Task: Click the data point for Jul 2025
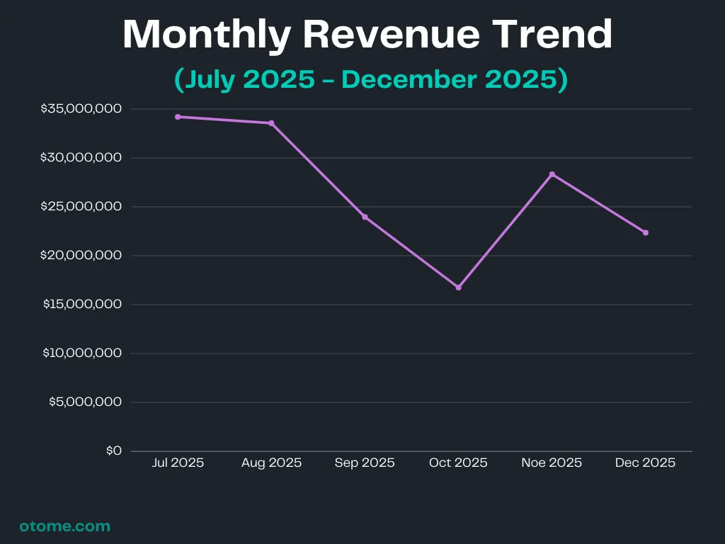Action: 178,117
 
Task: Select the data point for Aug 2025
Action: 271,123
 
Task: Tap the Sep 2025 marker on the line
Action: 365,217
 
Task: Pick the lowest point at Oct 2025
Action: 458,288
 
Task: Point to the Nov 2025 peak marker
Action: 552,174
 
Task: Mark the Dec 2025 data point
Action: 645,232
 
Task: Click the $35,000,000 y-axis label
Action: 81,109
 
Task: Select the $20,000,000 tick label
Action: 81,256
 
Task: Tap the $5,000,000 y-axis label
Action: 85,402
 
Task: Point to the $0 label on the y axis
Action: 114,451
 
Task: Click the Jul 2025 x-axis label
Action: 178,463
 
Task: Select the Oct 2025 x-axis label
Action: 458,463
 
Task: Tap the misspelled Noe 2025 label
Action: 552,463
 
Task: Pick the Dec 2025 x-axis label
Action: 645,463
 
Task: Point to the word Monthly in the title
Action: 205,33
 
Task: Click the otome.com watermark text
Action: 65,526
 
